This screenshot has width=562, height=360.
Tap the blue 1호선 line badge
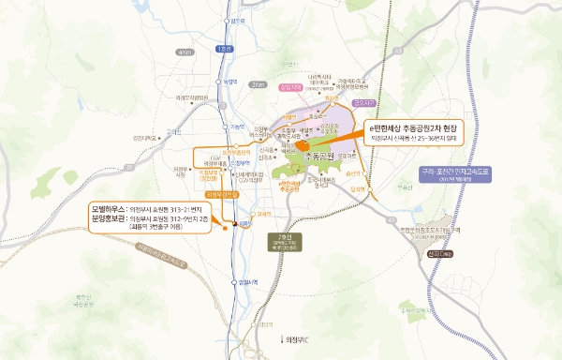(222, 49)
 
